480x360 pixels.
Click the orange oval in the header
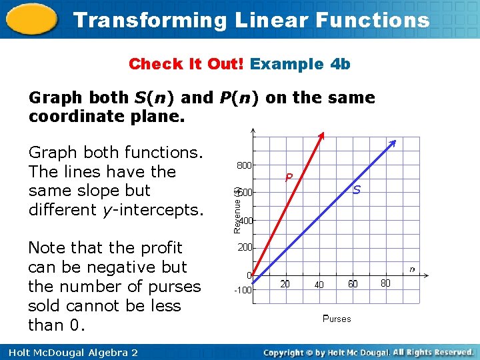(31, 20)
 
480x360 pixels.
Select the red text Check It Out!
(187, 64)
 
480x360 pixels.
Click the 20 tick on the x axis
(285, 285)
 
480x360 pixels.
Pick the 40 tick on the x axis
(319, 285)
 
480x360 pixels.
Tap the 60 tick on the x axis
(353, 285)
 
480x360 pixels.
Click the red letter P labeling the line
(289, 177)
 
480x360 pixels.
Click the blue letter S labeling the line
(357, 190)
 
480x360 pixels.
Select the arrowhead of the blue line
(394, 143)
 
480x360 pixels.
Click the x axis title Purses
(336, 319)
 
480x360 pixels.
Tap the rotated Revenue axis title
(237, 209)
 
